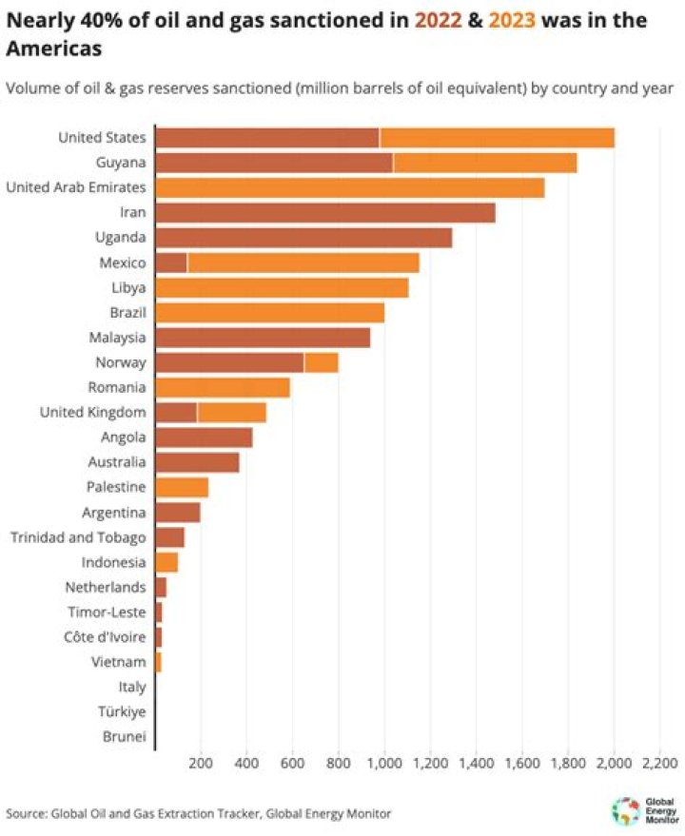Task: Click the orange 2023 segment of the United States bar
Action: pyautogui.click(x=497, y=138)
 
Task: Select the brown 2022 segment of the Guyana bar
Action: pyautogui.click(x=273, y=163)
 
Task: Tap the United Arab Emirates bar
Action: pyautogui.click(x=348, y=187)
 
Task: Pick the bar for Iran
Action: pyautogui.click(x=324, y=212)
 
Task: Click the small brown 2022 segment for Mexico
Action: pyautogui.click(x=170, y=262)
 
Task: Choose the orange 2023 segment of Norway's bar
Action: pyautogui.click(x=321, y=362)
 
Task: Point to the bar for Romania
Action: pyautogui.click(x=222, y=387)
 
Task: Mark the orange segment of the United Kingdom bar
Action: pyautogui.click(x=231, y=412)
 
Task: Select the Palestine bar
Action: pyautogui.click(x=181, y=487)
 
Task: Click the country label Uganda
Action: pyautogui.click(x=120, y=238)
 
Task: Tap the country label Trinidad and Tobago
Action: pyautogui.click(x=78, y=537)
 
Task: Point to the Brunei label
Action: pyautogui.click(x=124, y=736)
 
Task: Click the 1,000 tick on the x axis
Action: pyautogui.click(x=384, y=763)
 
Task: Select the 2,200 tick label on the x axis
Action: pyautogui.click(x=659, y=763)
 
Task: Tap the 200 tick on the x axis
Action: pyautogui.click(x=201, y=763)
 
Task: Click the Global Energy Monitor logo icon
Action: pyautogui.click(x=624, y=808)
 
